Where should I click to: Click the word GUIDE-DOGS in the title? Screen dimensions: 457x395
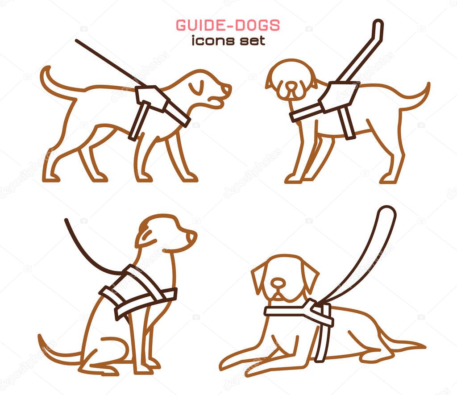tap(228, 25)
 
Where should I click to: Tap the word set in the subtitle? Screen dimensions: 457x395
tap(253, 41)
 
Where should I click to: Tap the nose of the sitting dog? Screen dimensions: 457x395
tap(192, 236)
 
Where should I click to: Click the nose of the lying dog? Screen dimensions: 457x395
tap(278, 282)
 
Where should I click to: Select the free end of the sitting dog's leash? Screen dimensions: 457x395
tap(66, 220)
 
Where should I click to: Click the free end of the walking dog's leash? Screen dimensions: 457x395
tap(77, 41)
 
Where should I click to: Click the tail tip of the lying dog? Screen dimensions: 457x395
tap(424, 347)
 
